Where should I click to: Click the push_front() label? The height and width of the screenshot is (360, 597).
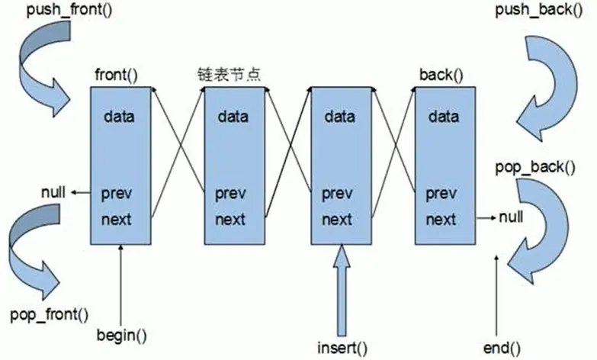[x=69, y=9]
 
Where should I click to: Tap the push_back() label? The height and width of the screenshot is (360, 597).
[x=539, y=9]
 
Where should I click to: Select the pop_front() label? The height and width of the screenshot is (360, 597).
[x=49, y=315]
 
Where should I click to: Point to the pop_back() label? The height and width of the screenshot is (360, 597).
[x=535, y=167]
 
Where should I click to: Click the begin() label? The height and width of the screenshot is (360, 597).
[x=121, y=336]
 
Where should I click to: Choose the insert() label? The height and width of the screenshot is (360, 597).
[x=342, y=348]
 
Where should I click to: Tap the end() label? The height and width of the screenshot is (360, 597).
[x=502, y=348]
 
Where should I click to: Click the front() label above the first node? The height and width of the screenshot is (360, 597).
[x=116, y=74]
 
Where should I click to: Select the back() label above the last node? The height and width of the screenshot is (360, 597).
[x=441, y=75]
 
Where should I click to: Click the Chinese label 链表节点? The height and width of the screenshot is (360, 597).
[x=229, y=74]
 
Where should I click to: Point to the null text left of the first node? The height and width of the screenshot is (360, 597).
[x=53, y=192]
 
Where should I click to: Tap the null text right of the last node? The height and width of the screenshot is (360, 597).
[x=511, y=217]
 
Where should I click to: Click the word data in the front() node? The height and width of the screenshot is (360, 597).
[x=119, y=116]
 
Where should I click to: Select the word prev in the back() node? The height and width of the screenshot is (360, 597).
[x=441, y=194]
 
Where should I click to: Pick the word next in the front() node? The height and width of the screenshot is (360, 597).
[x=116, y=220]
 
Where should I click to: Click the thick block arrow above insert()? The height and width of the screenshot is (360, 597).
[x=342, y=291]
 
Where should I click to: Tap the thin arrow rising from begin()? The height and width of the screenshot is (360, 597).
[x=121, y=285]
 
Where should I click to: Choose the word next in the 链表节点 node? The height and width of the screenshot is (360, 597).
[x=230, y=220]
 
